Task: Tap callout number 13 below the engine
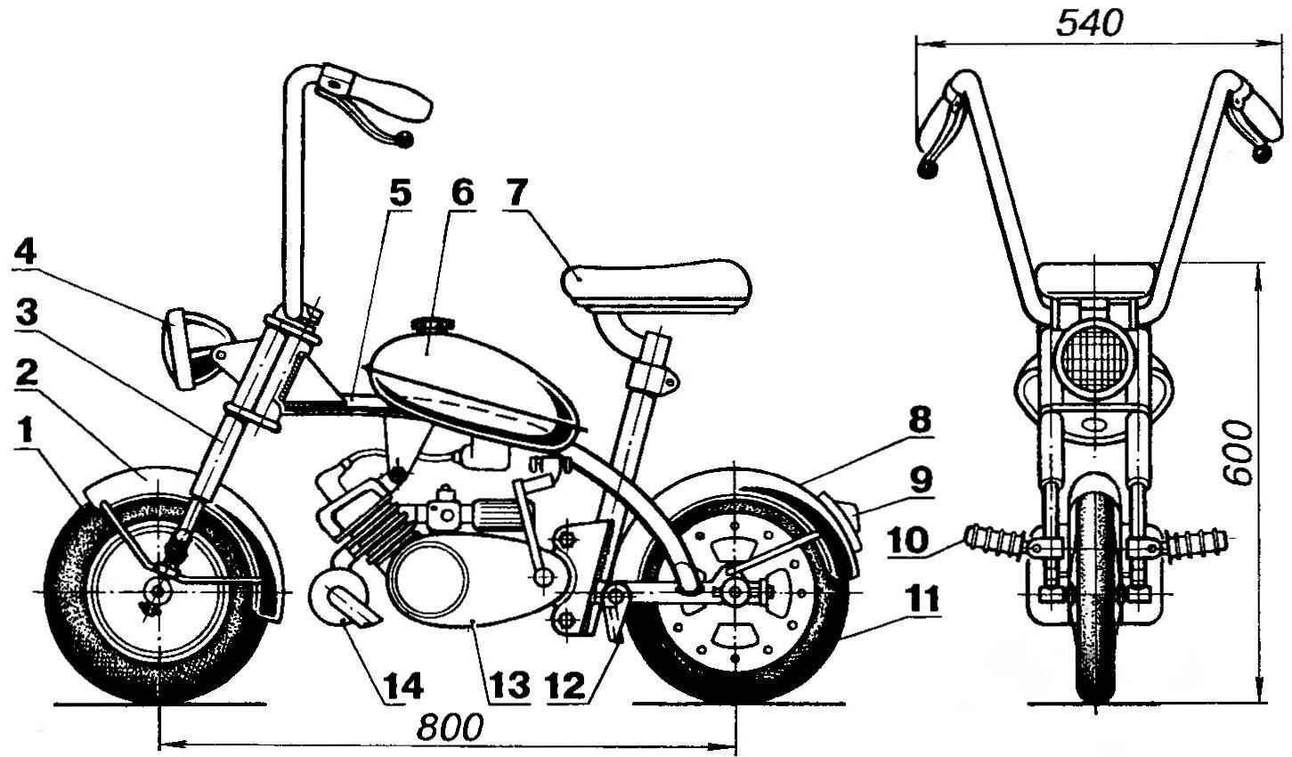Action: click(507, 686)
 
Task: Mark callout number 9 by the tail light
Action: click(921, 481)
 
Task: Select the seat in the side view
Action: click(656, 282)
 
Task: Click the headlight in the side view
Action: click(182, 348)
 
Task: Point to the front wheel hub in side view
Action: click(158, 591)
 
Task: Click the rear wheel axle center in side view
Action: click(735, 590)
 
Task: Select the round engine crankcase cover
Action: click(430, 581)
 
